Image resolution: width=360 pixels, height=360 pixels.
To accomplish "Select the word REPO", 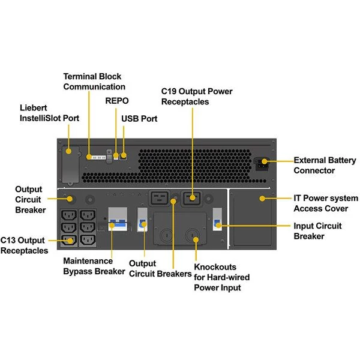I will (x=116, y=101).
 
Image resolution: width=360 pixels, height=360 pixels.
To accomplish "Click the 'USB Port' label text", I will (x=139, y=119).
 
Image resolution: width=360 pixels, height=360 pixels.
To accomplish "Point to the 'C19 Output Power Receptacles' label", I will (x=197, y=97).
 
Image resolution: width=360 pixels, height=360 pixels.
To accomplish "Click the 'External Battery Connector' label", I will (x=322, y=165).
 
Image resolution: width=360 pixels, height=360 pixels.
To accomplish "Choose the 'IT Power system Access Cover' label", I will (x=325, y=203).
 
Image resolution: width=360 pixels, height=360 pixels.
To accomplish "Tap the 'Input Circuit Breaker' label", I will (x=317, y=231).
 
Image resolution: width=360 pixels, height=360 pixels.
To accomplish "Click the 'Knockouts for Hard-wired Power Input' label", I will (x=221, y=277).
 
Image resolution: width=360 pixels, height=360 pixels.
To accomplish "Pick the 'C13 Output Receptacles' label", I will (x=25, y=245).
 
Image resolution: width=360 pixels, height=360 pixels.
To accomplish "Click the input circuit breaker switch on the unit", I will (x=218, y=221).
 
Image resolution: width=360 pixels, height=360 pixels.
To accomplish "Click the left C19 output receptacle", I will (x=160, y=199).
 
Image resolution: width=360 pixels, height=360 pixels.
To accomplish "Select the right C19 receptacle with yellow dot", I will (x=192, y=199).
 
